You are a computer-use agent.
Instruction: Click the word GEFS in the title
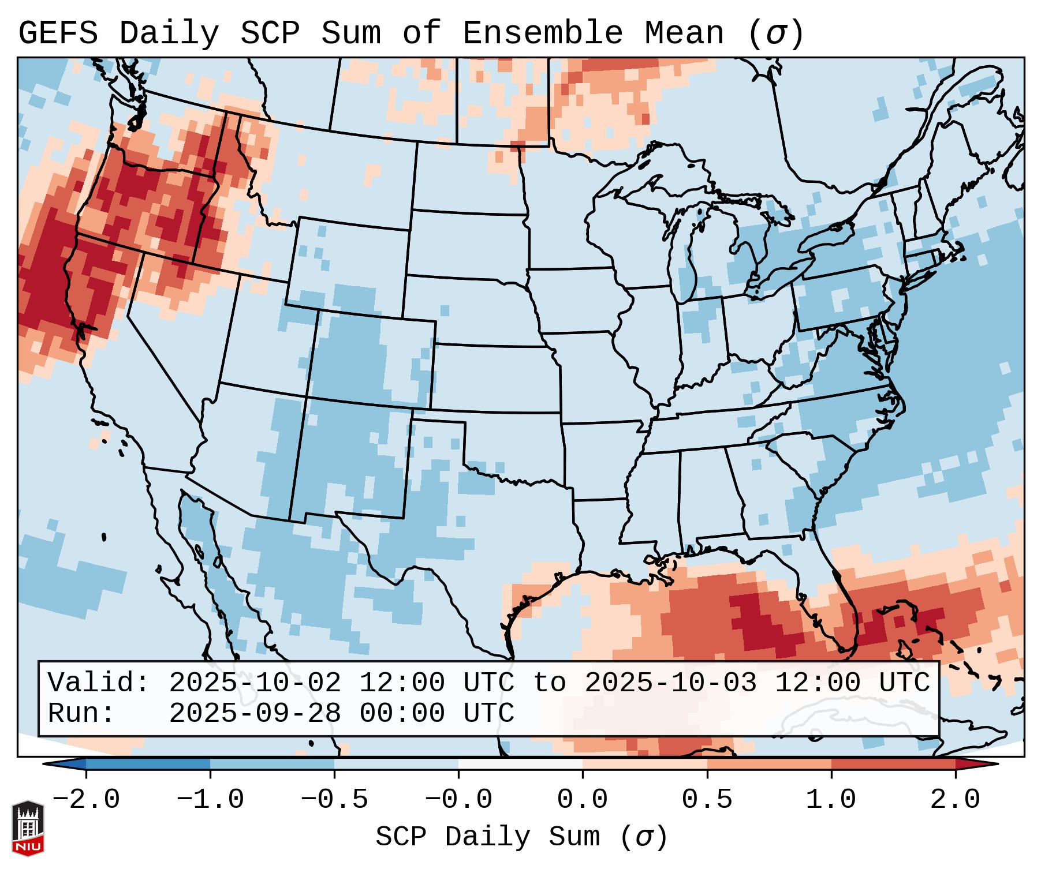tap(58, 33)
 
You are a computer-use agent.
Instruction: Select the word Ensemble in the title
tap(542, 33)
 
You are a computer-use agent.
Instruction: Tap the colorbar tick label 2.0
tap(955, 800)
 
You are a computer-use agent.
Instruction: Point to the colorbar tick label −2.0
tap(86, 800)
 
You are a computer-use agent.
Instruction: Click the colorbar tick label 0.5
tap(707, 800)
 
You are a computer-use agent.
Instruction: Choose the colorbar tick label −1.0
tap(210, 800)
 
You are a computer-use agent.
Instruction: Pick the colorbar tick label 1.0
tap(831, 800)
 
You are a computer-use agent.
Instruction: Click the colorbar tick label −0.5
tap(334, 800)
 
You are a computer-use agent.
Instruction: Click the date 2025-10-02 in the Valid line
tap(255, 683)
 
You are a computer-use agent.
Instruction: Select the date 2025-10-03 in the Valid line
tap(670, 683)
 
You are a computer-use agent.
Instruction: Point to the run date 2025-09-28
tap(255, 714)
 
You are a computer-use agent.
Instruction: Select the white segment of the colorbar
tap(520, 763)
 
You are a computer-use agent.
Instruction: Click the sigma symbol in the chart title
tap(776, 33)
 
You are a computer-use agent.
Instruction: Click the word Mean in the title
tap(684, 33)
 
